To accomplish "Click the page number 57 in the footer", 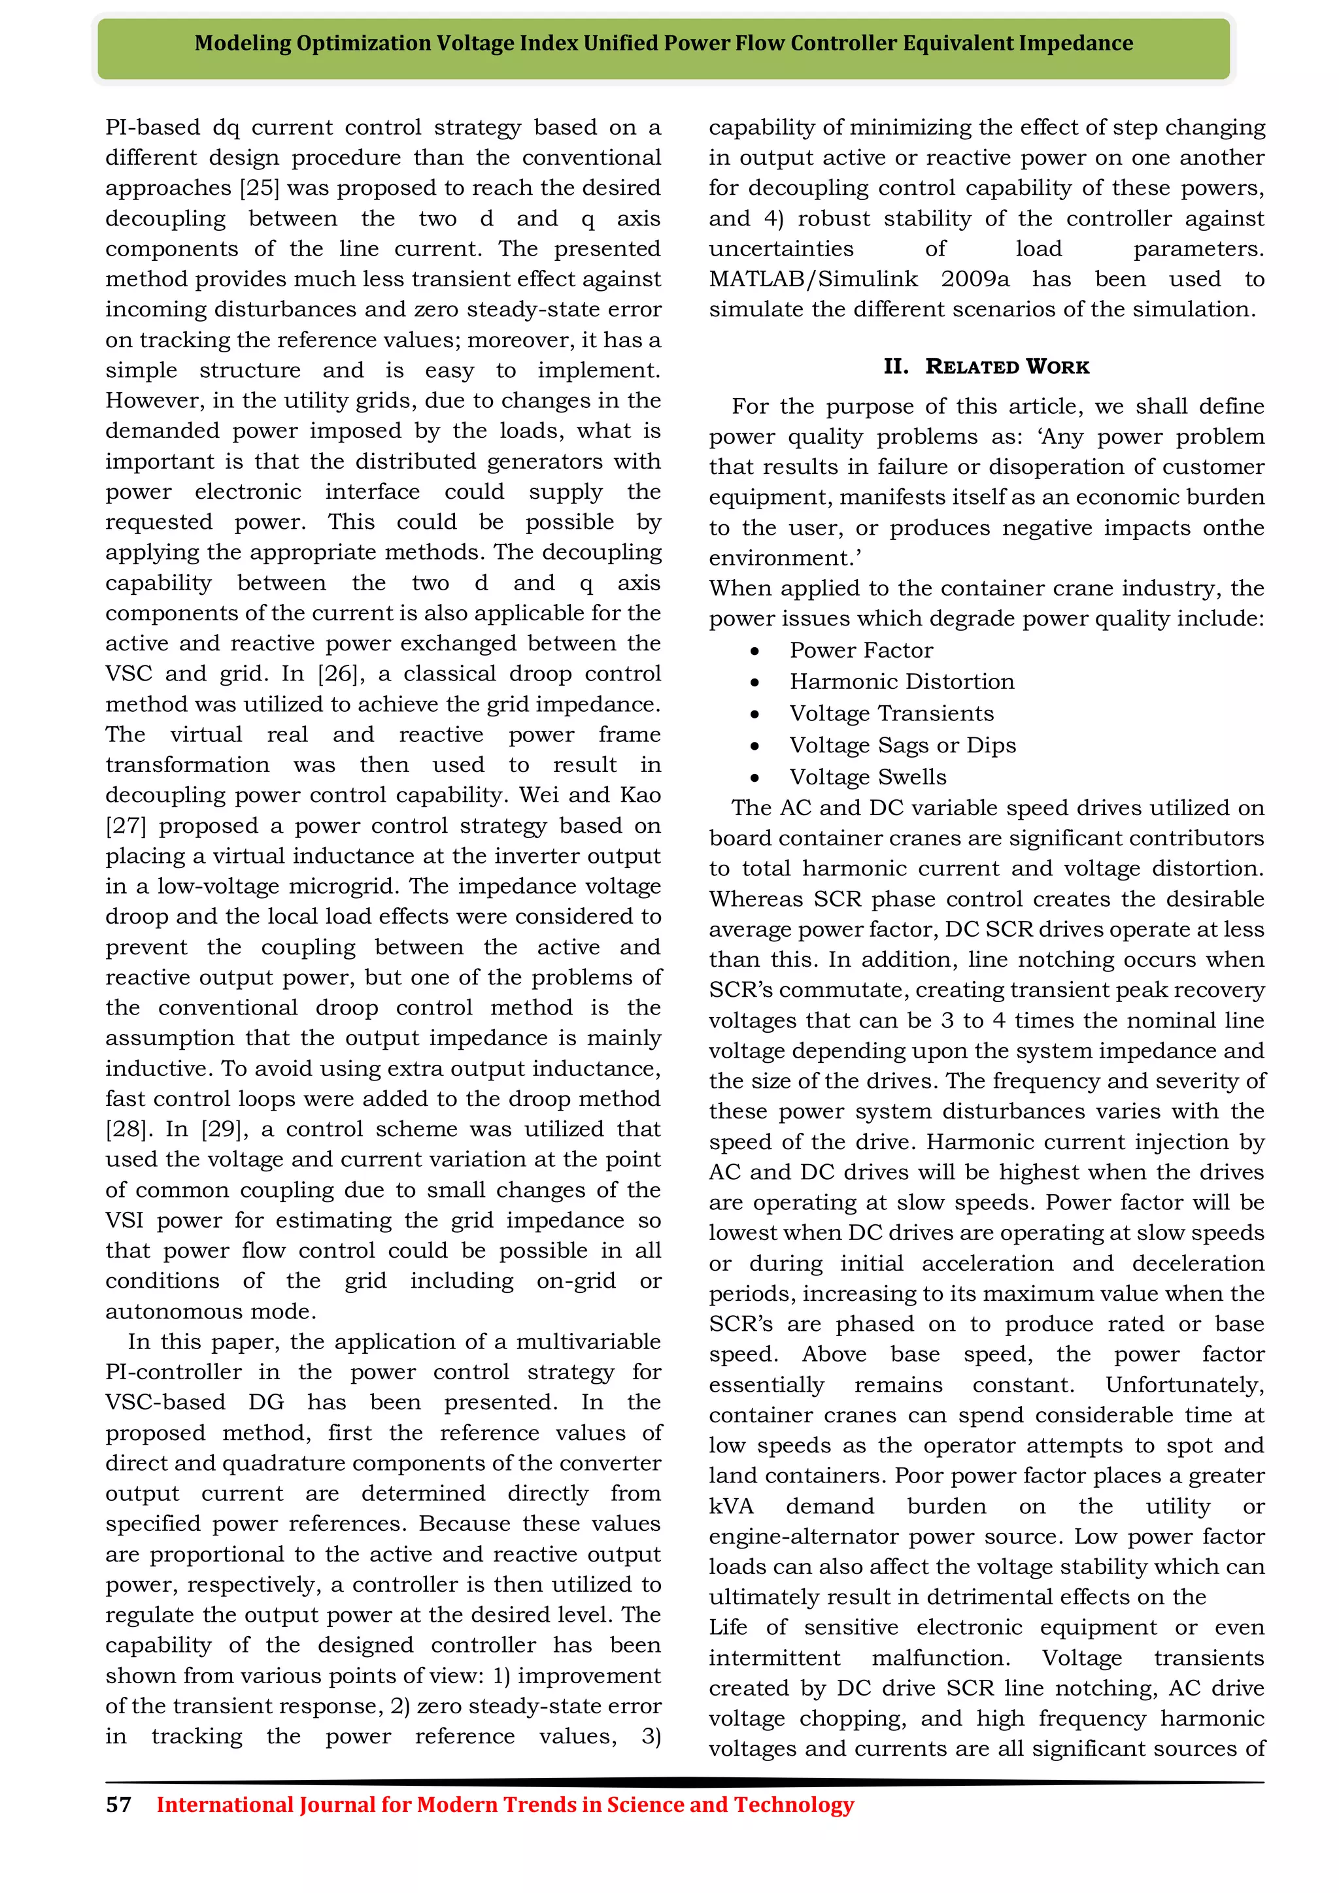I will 119,1805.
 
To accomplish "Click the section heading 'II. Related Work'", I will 986,367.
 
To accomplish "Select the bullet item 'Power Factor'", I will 861,650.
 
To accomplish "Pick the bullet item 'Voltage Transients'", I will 891,714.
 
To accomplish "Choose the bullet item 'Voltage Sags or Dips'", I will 902,745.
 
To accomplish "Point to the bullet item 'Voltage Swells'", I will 868,777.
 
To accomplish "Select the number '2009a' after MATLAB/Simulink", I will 975,280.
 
